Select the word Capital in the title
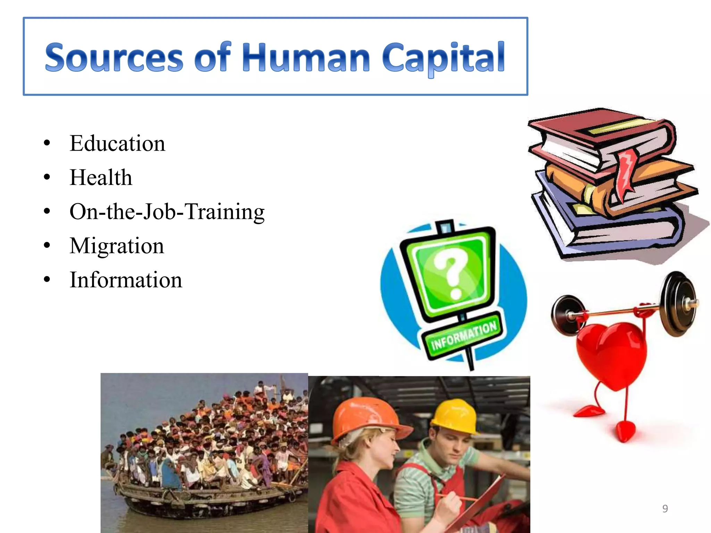click(x=443, y=57)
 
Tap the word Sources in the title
click(x=114, y=57)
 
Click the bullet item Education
click(x=117, y=143)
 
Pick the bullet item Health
click(x=101, y=177)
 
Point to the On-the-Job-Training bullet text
click(x=167, y=211)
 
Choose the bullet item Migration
click(x=117, y=246)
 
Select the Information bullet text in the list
click(x=126, y=280)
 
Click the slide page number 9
click(x=665, y=509)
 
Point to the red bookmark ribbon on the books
click(x=627, y=174)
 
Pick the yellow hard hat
click(x=455, y=416)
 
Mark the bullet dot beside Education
click(x=47, y=143)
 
